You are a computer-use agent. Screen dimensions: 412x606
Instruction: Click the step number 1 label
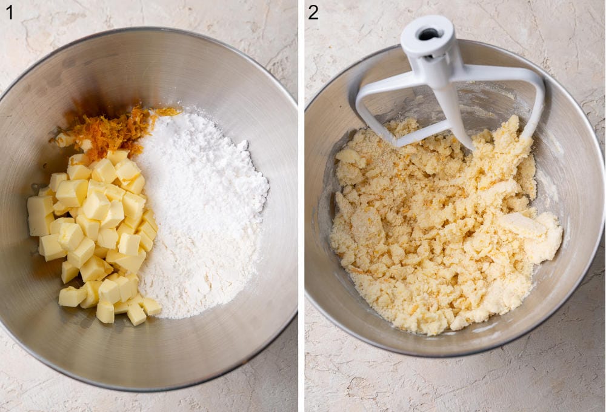pyautogui.click(x=9, y=12)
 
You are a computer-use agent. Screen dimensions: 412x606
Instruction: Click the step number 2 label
pyautogui.click(x=313, y=12)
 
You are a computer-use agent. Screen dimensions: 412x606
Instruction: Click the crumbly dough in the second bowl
pyautogui.click(x=424, y=242)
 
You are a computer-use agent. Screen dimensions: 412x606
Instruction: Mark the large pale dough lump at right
pyautogui.click(x=536, y=233)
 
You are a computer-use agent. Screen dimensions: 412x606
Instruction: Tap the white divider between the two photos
pyautogui.click(x=301, y=206)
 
